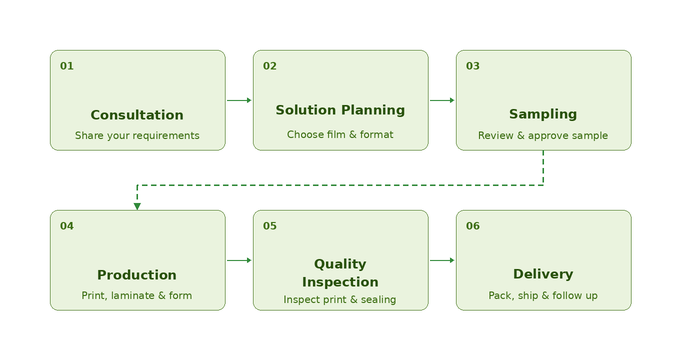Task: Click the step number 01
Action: tap(67, 66)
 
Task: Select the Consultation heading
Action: tap(137, 115)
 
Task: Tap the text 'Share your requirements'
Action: tap(137, 135)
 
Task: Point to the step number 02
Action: tap(270, 66)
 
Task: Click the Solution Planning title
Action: tap(340, 110)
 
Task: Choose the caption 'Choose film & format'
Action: tap(340, 134)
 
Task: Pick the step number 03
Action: tap(473, 66)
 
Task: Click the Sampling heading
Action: tap(543, 115)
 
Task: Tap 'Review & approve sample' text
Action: tap(543, 135)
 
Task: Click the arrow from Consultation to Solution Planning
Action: tap(239, 100)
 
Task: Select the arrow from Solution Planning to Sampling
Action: tap(442, 100)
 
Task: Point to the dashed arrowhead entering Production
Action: tap(137, 206)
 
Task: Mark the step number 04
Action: tap(67, 226)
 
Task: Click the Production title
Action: tap(137, 275)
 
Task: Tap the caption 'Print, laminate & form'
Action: tap(137, 295)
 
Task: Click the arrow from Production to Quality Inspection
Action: tap(239, 260)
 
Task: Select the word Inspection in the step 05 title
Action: tap(340, 282)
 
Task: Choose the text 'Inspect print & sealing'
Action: tap(340, 299)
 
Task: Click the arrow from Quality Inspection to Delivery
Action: tap(442, 260)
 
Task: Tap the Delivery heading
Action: tap(543, 275)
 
